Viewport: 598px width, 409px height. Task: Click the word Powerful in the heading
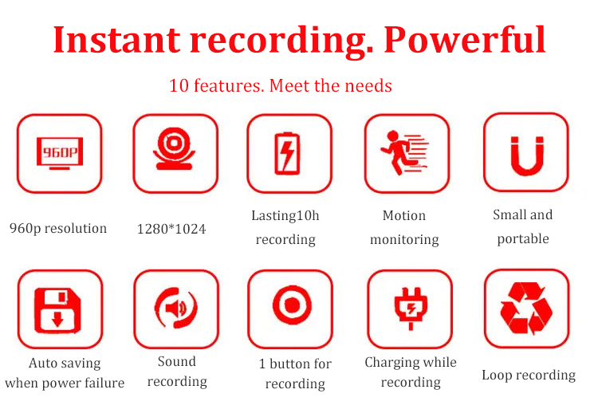coord(465,39)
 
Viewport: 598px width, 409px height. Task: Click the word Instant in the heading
coord(116,39)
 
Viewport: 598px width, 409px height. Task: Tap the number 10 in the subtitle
coord(179,85)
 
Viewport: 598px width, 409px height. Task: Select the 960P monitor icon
coord(60,153)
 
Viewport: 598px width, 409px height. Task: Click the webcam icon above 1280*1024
coord(175,148)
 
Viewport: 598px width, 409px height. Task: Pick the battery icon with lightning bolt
coord(288,153)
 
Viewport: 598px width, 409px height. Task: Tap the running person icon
coord(404,152)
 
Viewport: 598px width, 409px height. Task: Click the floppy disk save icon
coord(57,310)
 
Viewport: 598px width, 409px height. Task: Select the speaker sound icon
coord(176,308)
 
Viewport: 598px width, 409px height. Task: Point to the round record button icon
coord(292,305)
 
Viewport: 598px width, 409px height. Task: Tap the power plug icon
coord(411,309)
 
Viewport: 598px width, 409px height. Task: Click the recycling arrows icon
coord(527,308)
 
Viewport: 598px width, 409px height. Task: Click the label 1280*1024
coord(171,229)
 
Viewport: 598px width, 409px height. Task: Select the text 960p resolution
coord(58,228)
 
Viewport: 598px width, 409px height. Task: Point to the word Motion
coord(404,215)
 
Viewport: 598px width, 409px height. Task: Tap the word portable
coord(523,239)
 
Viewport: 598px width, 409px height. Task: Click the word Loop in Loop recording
coord(497,375)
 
